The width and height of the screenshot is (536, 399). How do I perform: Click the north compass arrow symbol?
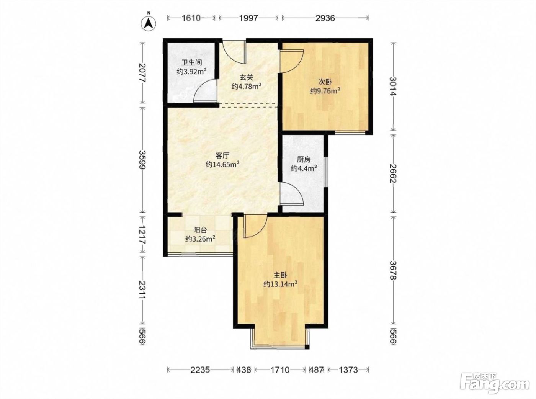(x=149, y=23)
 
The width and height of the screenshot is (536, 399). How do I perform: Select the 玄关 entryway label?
(x=247, y=78)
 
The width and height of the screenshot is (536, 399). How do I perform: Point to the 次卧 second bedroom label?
(x=325, y=82)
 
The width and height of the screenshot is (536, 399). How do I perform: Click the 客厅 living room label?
(x=222, y=155)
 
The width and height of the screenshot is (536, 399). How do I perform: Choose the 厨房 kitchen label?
(x=304, y=160)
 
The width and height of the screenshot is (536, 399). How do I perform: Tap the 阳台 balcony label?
(x=200, y=230)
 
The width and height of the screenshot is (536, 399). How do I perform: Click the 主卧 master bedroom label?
(x=280, y=275)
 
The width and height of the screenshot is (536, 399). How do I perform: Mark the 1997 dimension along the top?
(x=249, y=18)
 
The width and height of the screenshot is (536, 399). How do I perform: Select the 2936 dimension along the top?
(x=325, y=18)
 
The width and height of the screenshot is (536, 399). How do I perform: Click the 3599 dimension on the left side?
(x=143, y=160)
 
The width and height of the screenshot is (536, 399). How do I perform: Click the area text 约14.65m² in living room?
(x=222, y=165)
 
